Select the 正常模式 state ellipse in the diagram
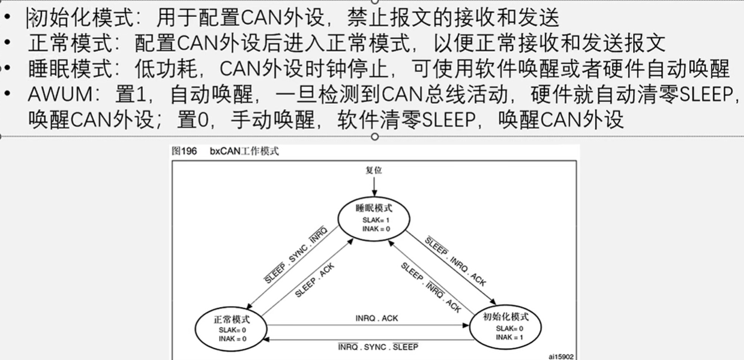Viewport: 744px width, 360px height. (x=231, y=328)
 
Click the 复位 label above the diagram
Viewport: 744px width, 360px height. (x=374, y=170)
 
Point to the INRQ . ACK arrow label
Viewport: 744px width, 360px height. (x=376, y=317)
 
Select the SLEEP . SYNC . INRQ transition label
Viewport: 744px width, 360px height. (x=296, y=254)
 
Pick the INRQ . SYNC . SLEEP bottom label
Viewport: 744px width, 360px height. (x=377, y=347)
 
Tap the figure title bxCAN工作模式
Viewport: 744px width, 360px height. (x=244, y=151)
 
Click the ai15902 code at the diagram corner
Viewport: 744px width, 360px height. (x=561, y=356)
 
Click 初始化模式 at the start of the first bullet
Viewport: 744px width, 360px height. (x=79, y=18)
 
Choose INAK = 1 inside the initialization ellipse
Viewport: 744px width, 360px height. (x=506, y=337)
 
